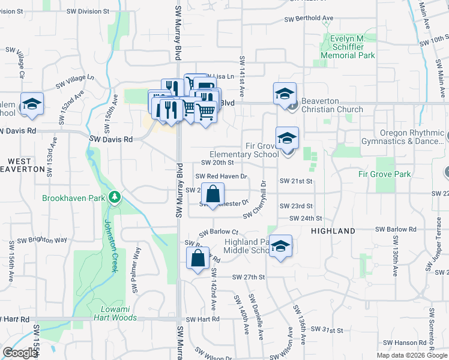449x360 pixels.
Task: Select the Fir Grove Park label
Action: click(x=384, y=175)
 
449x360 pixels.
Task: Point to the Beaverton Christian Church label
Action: click(x=332, y=105)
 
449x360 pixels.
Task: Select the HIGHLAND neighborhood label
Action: click(x=333, y=231)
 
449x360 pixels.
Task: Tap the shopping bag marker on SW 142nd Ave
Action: click(x=198, y=259)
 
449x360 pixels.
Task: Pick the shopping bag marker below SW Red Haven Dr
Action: click(x=213, y=194)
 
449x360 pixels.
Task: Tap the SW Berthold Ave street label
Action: click(x=309, y=19)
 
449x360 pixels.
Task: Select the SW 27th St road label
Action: click(x=249, y=277)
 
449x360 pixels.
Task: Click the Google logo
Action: click(x=20, y=353)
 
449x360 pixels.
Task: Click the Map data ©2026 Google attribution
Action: click(x=411, y=355)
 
